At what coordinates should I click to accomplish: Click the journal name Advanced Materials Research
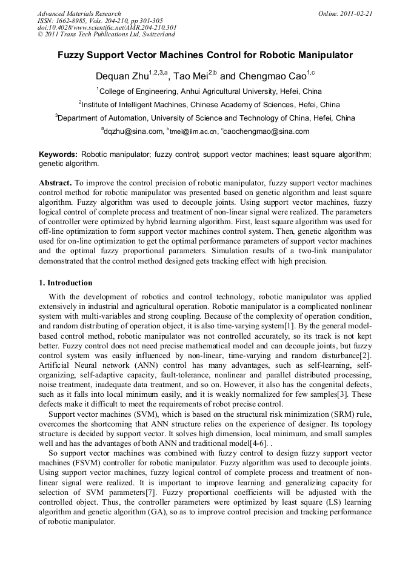pos(79,13)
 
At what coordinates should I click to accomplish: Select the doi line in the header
pos(107,27)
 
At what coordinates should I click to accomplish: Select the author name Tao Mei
pos(190,77)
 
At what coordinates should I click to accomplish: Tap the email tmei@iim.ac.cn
pos(193,131)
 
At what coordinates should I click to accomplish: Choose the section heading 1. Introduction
pos(65,283)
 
